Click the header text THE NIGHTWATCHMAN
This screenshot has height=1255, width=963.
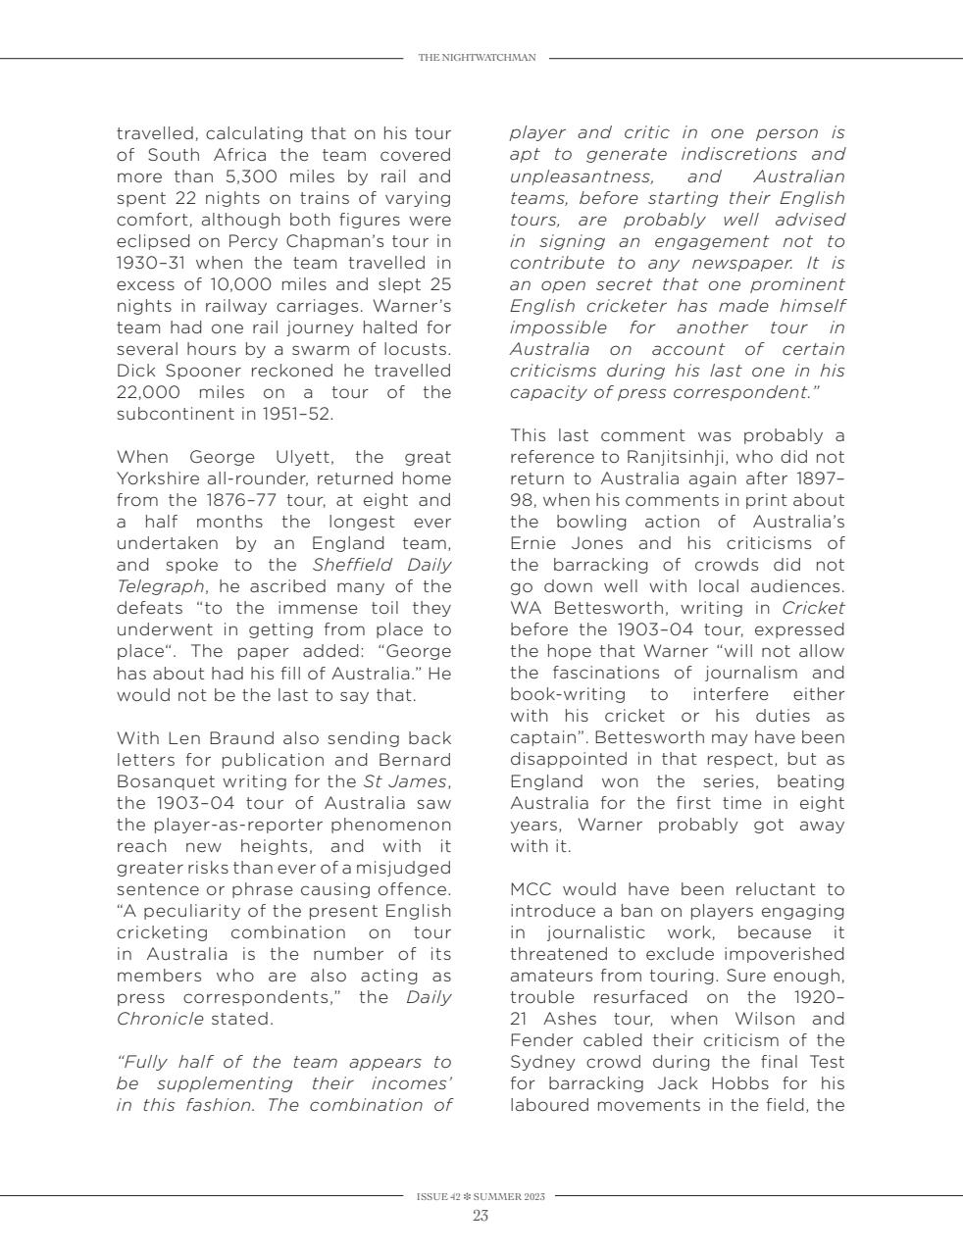(477, 58)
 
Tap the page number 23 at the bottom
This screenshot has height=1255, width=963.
(481, 1216)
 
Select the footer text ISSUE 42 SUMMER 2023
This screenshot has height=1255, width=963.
(481, 1196)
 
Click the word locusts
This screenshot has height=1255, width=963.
(418, 349)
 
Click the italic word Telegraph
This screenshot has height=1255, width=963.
(160, 586)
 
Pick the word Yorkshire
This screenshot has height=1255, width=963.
(161, 478)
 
